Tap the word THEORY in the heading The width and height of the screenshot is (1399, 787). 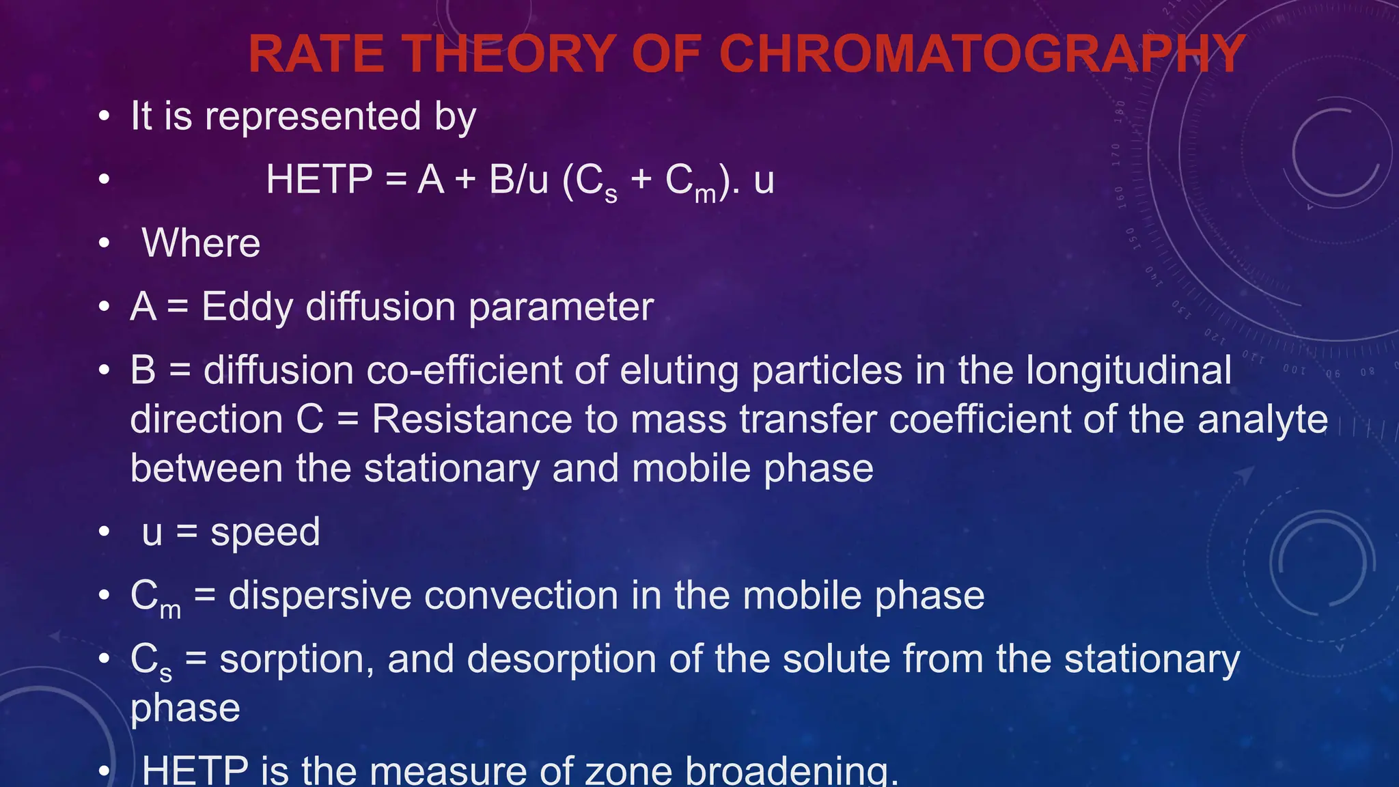509,54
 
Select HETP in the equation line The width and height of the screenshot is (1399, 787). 319,180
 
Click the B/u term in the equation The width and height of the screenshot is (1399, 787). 518,180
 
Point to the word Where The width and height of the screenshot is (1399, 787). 201,243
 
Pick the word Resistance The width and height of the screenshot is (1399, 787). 471,419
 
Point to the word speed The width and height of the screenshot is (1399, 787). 265,531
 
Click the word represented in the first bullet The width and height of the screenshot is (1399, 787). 313,116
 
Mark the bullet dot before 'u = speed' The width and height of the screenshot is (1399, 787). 104,531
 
